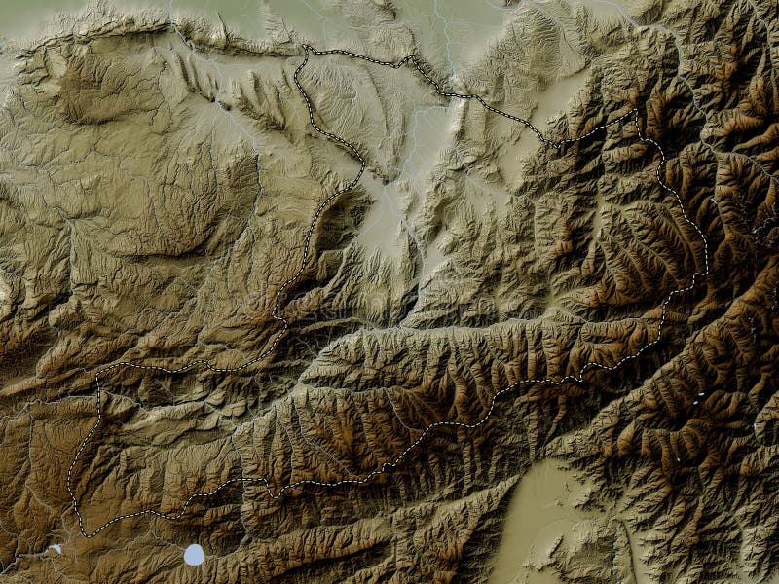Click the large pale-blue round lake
195,555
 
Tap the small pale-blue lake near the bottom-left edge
56,549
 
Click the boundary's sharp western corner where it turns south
98,376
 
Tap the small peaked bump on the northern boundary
408,56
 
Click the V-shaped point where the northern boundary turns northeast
559,146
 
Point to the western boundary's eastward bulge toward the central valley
363,165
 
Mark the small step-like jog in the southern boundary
387,468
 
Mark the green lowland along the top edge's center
389,15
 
